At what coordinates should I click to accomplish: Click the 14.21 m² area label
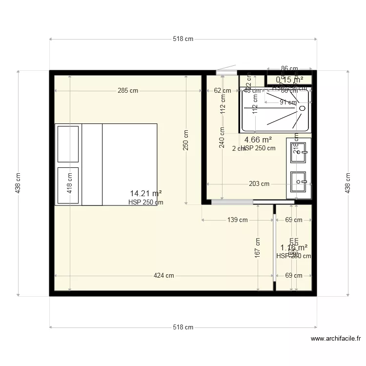coord(146,193)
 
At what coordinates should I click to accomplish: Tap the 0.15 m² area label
coord(289,80)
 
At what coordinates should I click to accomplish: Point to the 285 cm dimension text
coord(127,90)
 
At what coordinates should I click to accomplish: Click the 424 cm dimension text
coord(163,275)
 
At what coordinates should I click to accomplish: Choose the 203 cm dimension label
coord(259,184)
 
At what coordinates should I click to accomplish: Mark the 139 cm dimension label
coord(237,220)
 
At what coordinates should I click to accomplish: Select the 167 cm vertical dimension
coord(257,247)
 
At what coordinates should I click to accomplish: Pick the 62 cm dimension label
coord(223,90)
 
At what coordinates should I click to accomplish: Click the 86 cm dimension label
coord(289,69)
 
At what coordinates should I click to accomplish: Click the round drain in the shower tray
coord(303,107)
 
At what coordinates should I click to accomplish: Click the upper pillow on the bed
coord(68,144)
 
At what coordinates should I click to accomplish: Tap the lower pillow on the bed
coord(68,185)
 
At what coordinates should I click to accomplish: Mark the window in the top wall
coord(226,72)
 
